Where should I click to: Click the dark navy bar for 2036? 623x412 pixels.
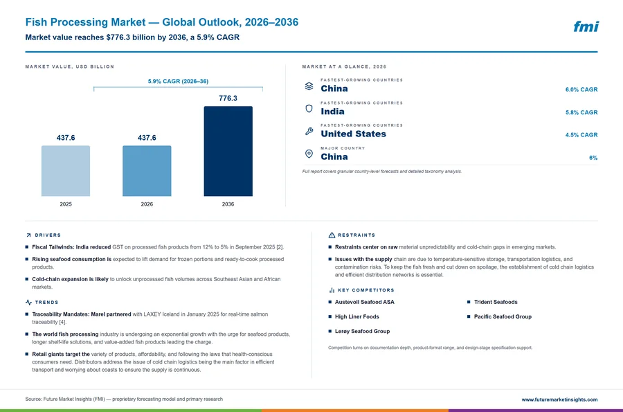228,151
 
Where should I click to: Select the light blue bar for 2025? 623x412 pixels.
66,171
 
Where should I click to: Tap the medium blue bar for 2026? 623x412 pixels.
147,171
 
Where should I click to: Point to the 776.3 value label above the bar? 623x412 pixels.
228,98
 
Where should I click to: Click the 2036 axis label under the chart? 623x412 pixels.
228,204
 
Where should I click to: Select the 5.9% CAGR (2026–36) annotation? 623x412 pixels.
178,81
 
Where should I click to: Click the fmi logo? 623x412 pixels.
586,26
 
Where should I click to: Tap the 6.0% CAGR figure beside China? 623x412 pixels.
581,89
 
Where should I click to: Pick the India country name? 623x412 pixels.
332,111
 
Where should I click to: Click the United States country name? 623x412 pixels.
353,134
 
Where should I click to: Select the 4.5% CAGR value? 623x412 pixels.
581,135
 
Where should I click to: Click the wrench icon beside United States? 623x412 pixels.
309,132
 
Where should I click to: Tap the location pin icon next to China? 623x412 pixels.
309,154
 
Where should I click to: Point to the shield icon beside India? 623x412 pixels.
309,109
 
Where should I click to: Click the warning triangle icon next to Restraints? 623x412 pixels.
332,235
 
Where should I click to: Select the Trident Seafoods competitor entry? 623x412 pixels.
496,302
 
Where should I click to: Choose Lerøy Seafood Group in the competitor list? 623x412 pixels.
362,331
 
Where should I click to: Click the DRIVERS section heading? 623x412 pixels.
48,235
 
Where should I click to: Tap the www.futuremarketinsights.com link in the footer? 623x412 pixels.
559,400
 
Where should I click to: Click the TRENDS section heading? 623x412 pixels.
46,303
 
